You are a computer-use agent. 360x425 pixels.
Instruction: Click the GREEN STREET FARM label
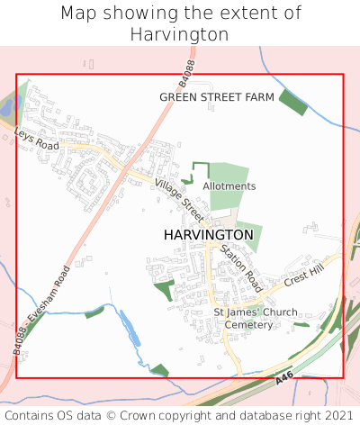click(x=217, y=96)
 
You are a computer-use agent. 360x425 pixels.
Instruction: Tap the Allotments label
click(x=229, y=186)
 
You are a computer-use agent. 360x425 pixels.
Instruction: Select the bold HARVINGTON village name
click(x=209, y=234)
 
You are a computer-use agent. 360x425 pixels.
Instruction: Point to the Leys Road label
click(x=37, y=139)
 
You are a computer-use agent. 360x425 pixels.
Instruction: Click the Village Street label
click(x=179, y=196)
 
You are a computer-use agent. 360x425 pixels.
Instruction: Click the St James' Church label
click(x=256, y=312)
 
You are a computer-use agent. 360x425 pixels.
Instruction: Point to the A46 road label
click(x=284, y=383)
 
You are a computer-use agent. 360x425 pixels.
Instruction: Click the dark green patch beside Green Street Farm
click(x=293, y=102)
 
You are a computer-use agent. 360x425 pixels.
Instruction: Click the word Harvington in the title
click(x=180, y=34)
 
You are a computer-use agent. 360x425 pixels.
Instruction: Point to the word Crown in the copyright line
click(x=176, y=415)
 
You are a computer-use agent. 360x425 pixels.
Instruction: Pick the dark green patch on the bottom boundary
click(x=160, y=370)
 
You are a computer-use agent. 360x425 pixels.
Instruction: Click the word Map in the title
click(x=77, y=14)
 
